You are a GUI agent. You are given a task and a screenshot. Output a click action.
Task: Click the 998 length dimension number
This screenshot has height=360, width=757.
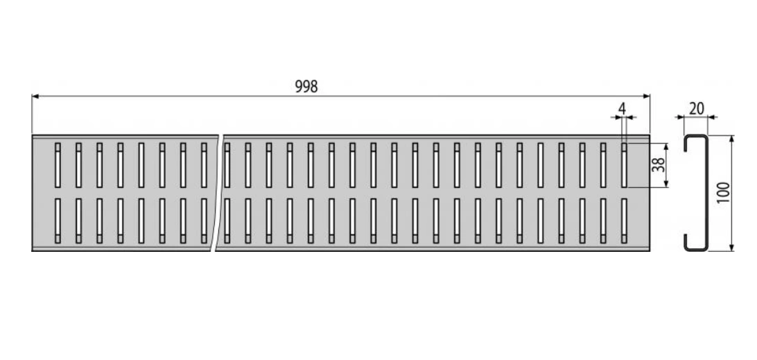pyautogui.click(x=306, y=87)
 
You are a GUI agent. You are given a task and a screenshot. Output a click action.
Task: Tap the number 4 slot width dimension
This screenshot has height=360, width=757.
pyautogui.click(x=623, y=109)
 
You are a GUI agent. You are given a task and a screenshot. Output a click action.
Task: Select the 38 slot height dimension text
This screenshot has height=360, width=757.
pyautogui.click(x=659, y=165)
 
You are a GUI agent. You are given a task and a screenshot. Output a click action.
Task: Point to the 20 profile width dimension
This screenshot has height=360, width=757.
pyautogui.click(x=696, y=109)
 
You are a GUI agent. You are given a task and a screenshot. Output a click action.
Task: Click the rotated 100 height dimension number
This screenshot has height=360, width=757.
pyautogui.click(x=724, y=192)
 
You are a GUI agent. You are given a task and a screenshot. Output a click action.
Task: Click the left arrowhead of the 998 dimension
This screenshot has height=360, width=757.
pyautogui.click(x=35, y=96)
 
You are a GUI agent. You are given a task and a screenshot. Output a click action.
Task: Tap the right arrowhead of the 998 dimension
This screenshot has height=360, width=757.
pyautogui.click(x=647, y=96)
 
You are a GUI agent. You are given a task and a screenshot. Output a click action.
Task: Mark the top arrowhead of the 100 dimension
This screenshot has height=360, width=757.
pyautogui.click(x=732, y=139)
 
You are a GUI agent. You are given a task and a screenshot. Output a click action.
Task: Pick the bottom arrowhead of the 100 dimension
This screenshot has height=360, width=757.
pyautogui.click(x=732, y=248)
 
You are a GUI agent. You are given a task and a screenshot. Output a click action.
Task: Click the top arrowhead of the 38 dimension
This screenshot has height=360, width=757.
pyautogui.click(x=667, y=146)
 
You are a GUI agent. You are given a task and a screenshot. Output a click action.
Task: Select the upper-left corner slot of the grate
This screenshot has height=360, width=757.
pyautogui.click(x=58, y=165)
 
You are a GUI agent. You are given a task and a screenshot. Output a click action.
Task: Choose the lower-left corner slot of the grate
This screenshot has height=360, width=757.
pyautogui.click(x=58, y=221)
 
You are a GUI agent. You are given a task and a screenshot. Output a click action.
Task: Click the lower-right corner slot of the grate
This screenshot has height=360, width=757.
pyautogui.click(x=624, y=221)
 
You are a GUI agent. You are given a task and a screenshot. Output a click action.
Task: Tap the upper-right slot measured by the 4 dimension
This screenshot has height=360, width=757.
pyautogui.click(x=624, y=165)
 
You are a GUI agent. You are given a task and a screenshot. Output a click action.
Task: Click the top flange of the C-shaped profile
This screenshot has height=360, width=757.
pyautogui.click(x=696, y=136)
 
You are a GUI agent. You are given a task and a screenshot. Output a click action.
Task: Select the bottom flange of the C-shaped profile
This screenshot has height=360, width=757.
pyautogui.click(x=696, y=249)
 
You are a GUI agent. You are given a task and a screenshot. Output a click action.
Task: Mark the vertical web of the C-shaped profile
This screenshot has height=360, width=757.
pyautogui.click(x=706, y=193)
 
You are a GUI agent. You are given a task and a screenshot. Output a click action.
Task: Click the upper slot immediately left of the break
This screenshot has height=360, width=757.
pyautogui.click(x=204, y=165)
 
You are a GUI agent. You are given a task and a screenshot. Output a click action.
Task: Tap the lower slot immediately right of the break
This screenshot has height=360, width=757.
pyautogui.click(x=227, y=221)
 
